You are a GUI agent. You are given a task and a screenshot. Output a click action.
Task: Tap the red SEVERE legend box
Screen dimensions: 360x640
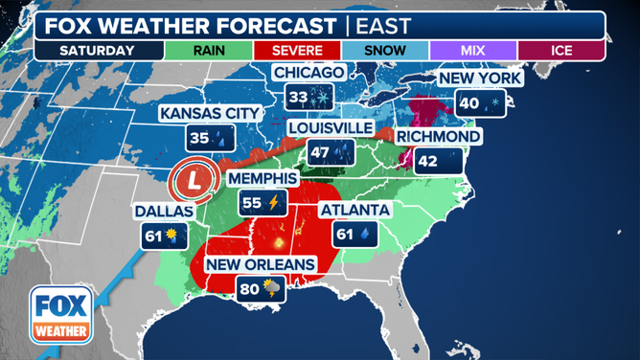298,50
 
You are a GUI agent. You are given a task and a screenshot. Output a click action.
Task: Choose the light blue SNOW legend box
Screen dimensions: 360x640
385,50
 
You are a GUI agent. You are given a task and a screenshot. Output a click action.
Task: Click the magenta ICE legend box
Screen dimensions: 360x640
560,50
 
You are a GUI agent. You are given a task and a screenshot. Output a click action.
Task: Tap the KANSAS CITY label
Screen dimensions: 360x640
210,114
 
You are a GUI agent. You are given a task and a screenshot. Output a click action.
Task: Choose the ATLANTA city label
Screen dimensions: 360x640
354,210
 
